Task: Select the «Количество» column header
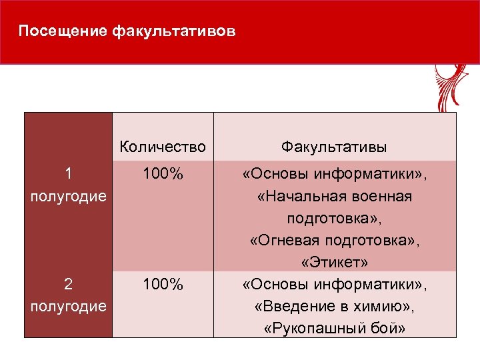pyautogui.click(x=163, y=147)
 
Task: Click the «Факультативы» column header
pyautogui.click(x=335, y=147)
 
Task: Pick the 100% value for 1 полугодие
pyautogui.click(x=163, y=175)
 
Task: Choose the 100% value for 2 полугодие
pyautogui.click(x=163, y=285)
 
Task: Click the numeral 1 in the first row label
pyautogui.click(x=68, y=175)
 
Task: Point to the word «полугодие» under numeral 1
pyautogui.click(x=68, y=197)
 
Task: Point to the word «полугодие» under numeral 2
pyautogui.click(x=68, y=307)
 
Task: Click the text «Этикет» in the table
pyautogui.click(x=335, y=263)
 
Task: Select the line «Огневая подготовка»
pyautogui.click(x=335, y=241)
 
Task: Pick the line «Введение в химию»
pyautogui.click(x=335, y=307)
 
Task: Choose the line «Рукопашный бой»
pyautogui.click(x=335, y=329)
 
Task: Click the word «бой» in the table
pyautogui.click(x=389, y=329)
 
